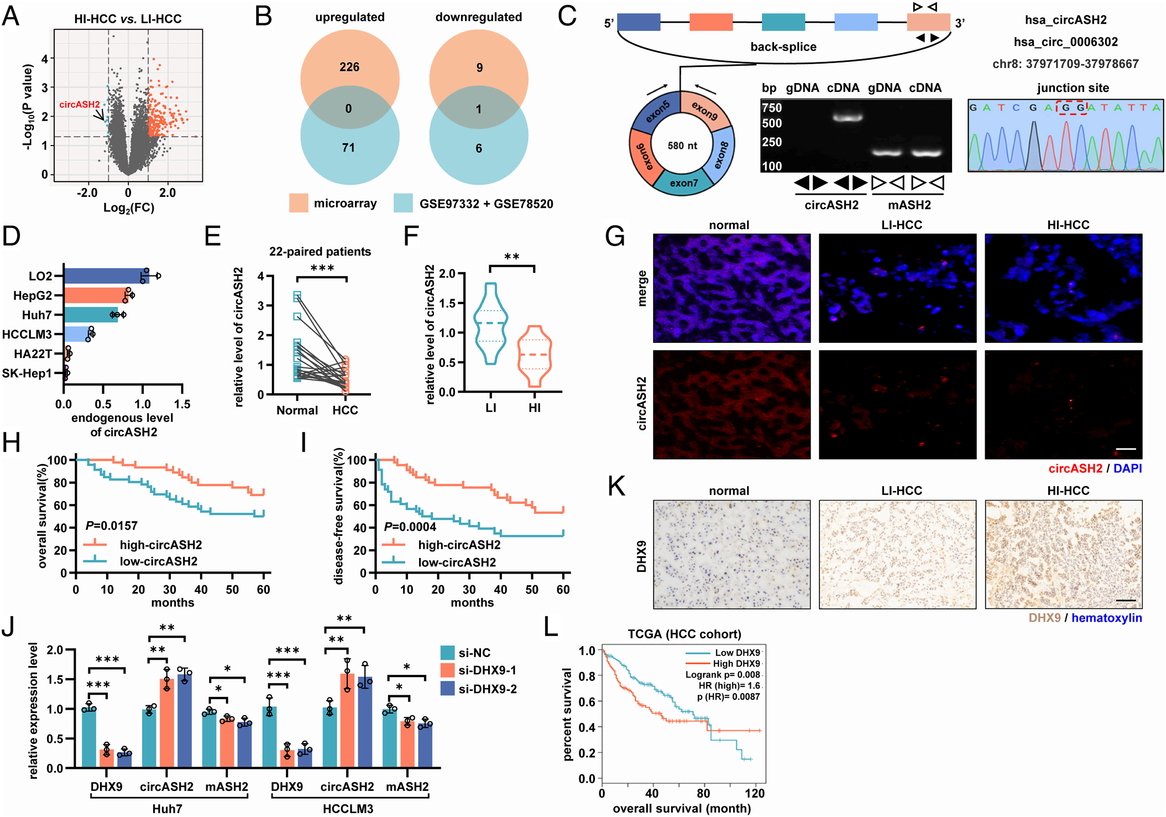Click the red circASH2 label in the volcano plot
click(80, 105)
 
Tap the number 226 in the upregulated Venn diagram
click(349, 67)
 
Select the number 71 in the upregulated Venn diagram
click(348, 148)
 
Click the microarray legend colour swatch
click(299, 203)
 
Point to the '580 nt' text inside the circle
click(682, 145)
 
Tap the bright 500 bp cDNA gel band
click(844, 117)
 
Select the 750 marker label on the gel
click(772, 108)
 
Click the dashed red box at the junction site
click(1071, 107)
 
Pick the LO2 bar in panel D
click(106, 275)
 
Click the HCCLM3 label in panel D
click(27, 334)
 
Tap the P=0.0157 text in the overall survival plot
click(112, 525)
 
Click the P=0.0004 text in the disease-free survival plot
click(410, 527)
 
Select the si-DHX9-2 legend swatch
click(448, 689)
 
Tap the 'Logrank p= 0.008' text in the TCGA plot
click(723, 674)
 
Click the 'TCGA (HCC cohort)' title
click(684, 634)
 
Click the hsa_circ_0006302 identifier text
click(1065, 42)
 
